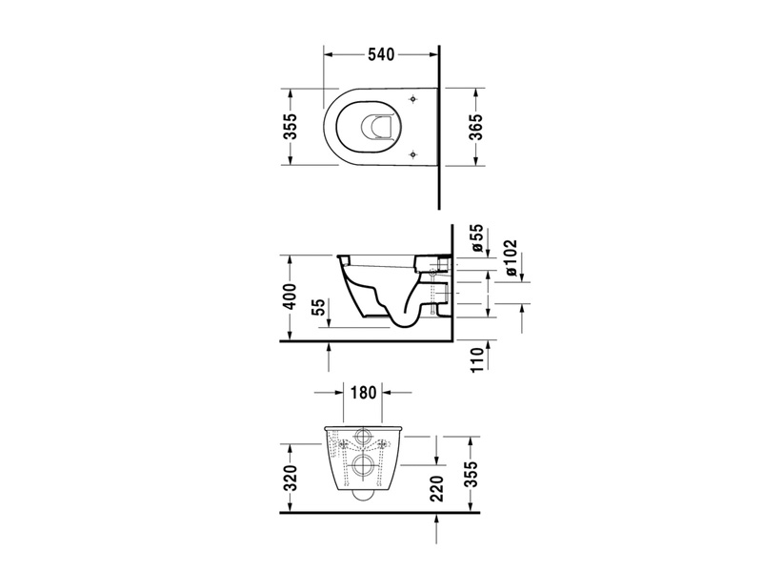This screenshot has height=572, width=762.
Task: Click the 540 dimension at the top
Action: coord(381,54)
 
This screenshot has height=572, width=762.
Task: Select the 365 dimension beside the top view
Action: coord(477,127)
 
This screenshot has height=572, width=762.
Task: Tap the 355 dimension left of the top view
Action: coord(291,127)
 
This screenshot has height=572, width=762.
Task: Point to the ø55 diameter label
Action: coord(477,237)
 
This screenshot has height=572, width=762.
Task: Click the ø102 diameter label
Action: coord(511,257)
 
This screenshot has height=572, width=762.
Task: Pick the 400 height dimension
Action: coord(291,296)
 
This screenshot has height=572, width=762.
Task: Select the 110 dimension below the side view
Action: coord(478,359)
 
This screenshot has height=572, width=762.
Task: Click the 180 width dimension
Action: coord(363,392)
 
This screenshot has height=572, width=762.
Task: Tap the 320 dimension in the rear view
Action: coord(291,478)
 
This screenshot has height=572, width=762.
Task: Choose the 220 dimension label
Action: coord(437,488)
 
